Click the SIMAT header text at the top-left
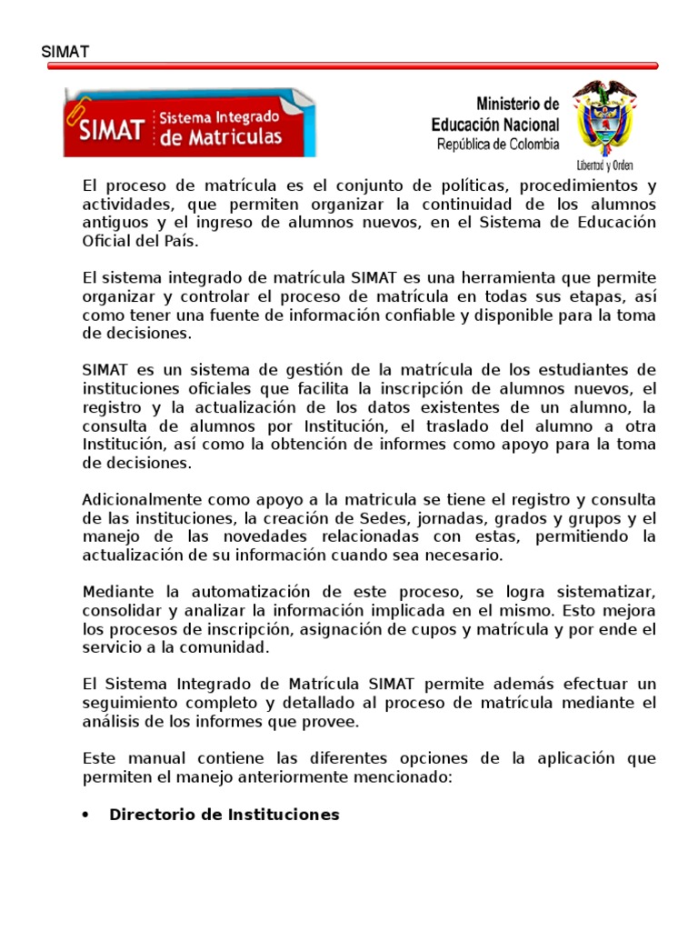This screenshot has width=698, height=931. click(65, 52)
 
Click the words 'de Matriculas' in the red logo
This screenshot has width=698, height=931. click(221, 137)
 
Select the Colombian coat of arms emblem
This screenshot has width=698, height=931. click(604, 118)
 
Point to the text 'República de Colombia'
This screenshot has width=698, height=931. click(498, 144)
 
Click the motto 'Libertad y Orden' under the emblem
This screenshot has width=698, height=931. click(604, 165)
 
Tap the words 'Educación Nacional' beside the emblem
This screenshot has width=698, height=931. click(495, 125)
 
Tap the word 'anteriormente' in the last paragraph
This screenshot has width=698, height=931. click(294, 777)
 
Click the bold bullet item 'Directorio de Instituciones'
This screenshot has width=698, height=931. click(224, 815)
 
